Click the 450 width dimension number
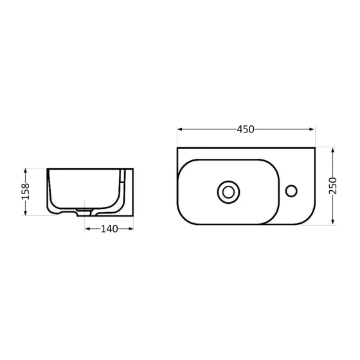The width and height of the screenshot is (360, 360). click(246, 129)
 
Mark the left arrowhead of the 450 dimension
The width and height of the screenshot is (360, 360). click(179, 129)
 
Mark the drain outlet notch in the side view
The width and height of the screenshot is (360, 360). click(84, 211)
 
